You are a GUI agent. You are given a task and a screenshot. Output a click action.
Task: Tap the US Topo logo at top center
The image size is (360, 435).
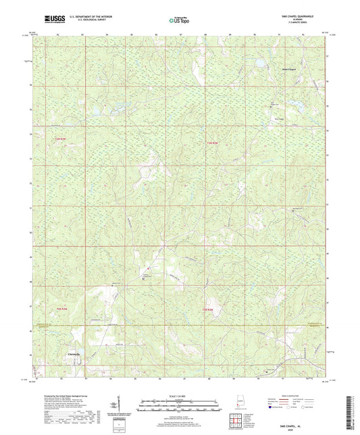[x=179, y=20]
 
